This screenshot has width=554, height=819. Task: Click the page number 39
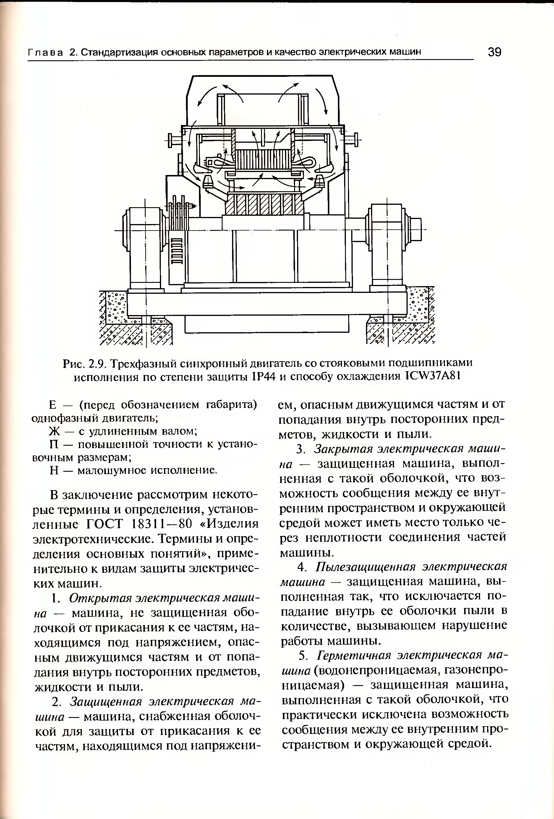tap(495, 52)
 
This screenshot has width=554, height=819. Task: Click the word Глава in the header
tap(46, 53)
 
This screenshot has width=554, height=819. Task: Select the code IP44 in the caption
tap(263, 377)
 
